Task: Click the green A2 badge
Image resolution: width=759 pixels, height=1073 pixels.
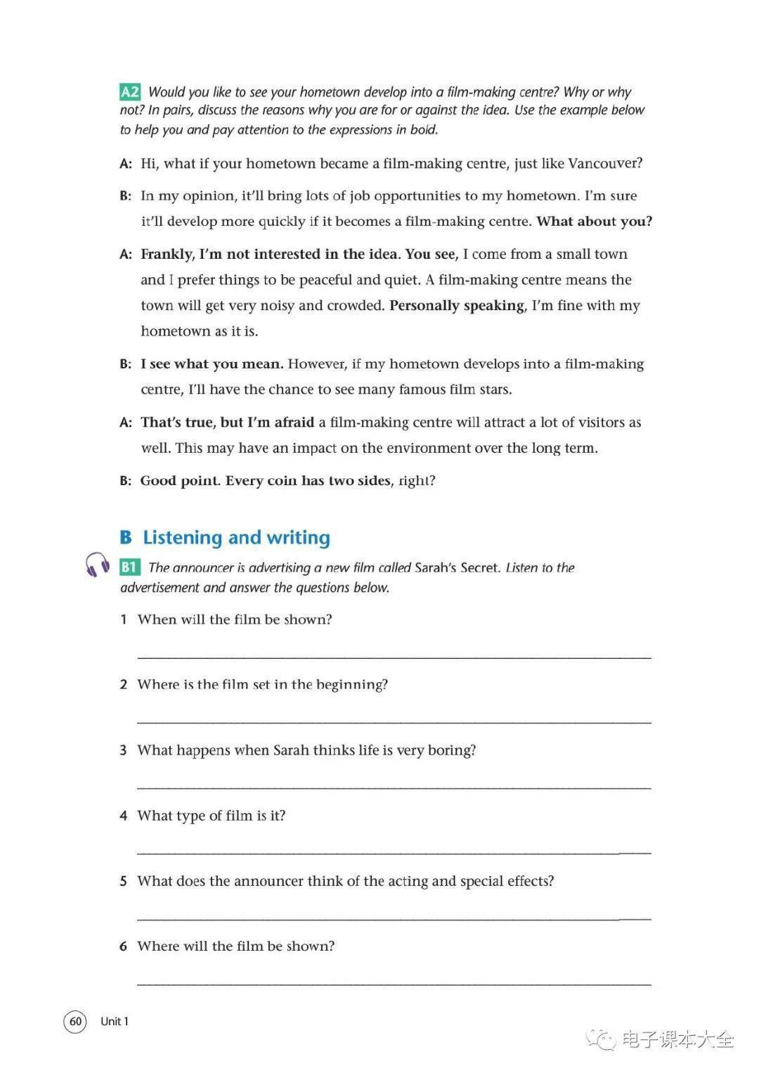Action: coord(130,92)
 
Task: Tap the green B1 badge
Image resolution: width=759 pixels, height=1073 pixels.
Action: coord(130,567)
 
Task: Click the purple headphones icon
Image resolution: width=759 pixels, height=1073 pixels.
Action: coord(97,565)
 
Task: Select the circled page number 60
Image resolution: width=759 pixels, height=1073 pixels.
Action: coord(75,1021)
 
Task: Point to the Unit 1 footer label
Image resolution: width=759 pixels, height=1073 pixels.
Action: coord(115,1021)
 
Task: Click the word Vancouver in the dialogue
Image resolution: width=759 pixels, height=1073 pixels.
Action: coord(602,164)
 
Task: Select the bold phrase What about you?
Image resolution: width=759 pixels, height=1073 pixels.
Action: coord(594,221)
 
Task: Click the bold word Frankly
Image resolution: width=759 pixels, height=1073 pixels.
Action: coord(167,255)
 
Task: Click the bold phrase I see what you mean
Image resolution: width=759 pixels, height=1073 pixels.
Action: coord(212,364)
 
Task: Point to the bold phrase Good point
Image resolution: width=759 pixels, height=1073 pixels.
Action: coord(180,481)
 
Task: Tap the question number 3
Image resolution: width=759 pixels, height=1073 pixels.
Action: coord(124,750)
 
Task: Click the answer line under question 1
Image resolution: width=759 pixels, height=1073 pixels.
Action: coord(394,657)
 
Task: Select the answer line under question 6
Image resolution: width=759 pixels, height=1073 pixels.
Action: coord(394,984)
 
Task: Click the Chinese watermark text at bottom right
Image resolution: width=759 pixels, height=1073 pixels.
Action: coord(677,1039)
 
